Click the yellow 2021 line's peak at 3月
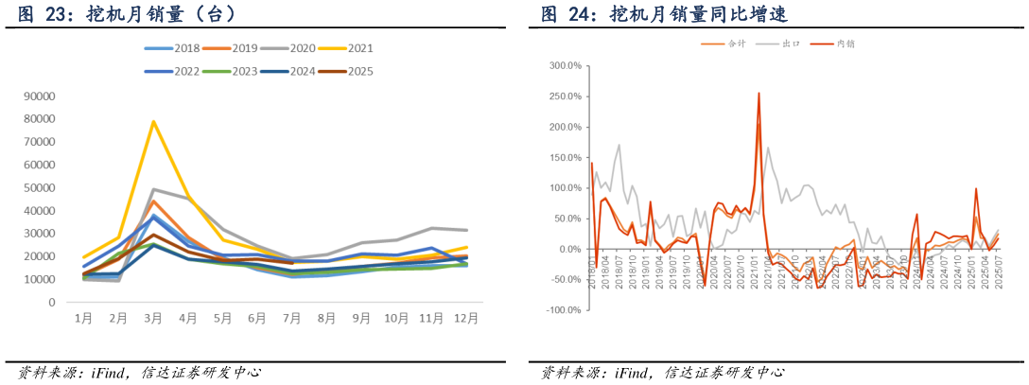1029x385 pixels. pyautogui.click(x=153, y=121)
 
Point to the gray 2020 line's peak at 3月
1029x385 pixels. pyautogui.click(x=153, y=189)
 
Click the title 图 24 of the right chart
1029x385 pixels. pyautogui.click(x=664, y=14)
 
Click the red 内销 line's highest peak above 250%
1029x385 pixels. pyautogui.click(x=759, y=93)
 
